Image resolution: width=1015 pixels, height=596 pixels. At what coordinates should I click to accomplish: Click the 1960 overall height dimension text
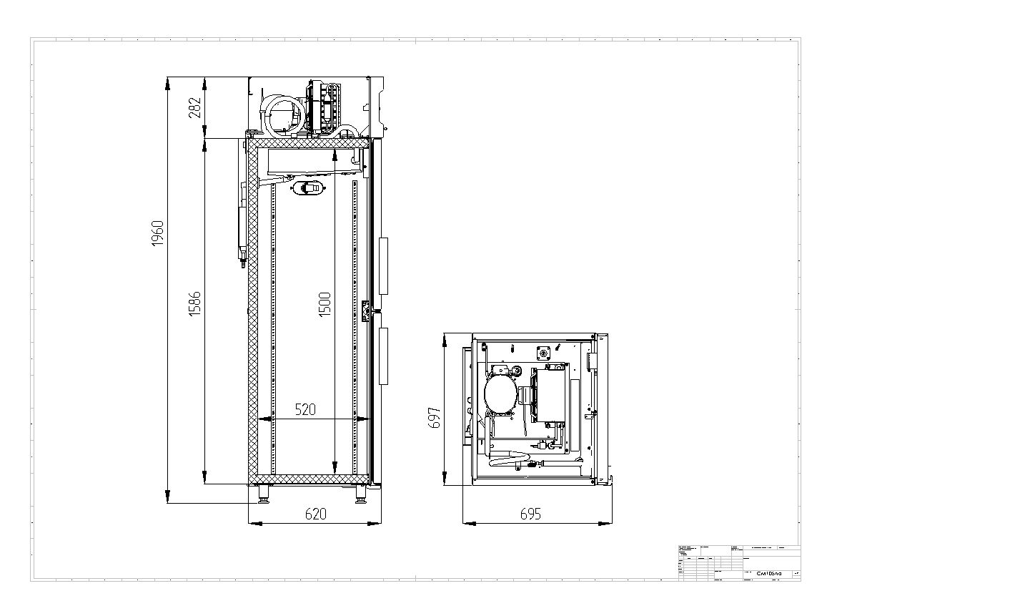tap(158, 233)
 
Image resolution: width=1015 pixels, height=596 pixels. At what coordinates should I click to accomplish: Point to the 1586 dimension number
tap(194, 304)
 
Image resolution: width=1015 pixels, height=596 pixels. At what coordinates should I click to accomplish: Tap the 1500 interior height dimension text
tap(325, 305)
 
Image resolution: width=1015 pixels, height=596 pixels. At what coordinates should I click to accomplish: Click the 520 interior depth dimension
tap(305, 410)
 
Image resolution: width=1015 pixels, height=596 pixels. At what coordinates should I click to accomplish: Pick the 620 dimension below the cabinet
tap(315, 514)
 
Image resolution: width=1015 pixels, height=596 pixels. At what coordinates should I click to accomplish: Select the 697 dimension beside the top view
tap(434, 418)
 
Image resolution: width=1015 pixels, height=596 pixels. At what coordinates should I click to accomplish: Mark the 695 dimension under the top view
tap(530, 514)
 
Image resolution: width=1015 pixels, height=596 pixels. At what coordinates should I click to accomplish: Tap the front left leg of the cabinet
tap(264, 494)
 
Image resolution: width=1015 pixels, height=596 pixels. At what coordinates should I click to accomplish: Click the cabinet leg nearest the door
tap(361, 494)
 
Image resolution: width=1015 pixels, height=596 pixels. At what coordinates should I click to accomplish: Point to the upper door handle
tap(384, 265)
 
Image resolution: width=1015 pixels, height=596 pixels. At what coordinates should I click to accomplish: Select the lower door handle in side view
tap(384, 356)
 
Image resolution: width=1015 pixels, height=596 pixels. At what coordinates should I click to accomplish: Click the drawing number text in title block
tap(769, 573)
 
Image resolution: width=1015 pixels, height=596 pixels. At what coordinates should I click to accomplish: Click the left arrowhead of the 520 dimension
tap(263, 419)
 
